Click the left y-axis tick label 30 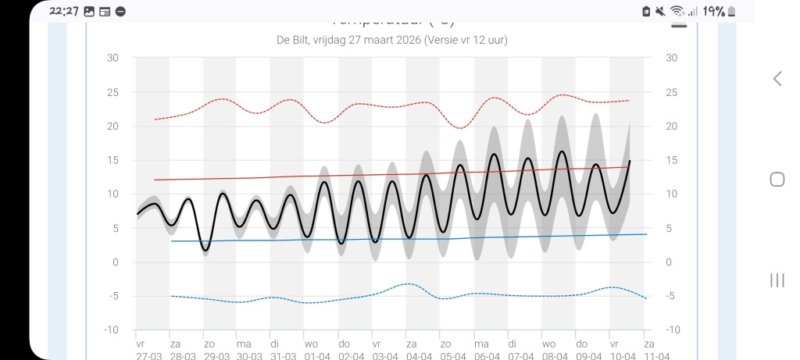click(113, 58)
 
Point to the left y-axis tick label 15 click(113, 160)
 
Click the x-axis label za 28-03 click(174, 349)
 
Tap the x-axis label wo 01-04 click(311, 349)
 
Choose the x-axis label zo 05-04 click(445, 349)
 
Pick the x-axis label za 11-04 click(648, 349)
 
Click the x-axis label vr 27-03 click(141, 349)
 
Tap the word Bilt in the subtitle click(306, 40)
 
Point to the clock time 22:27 click(64, 11)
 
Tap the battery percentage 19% click(712, 11)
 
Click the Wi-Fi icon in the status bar click(677, 11)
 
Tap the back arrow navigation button click(777, 78)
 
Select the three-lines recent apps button click(777, 280)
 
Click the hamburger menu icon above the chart click(679, 23)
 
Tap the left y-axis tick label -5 click(113, 296)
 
